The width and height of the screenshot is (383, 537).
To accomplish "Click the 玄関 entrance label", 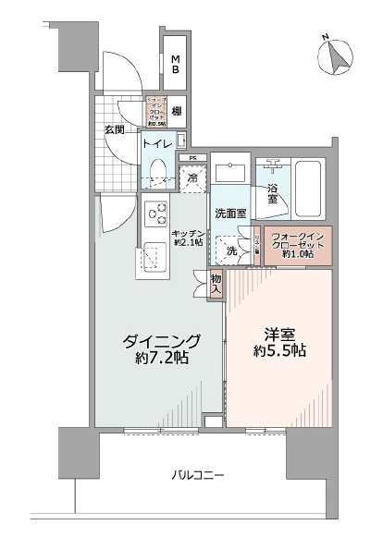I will tap(115, 129).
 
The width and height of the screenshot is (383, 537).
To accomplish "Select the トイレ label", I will tap(155, 142).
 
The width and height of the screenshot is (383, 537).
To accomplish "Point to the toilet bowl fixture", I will tap(158, 169).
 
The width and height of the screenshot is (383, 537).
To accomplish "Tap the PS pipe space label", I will tap(192, 158).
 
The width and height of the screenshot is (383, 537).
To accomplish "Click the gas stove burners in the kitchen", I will tap(154, 214).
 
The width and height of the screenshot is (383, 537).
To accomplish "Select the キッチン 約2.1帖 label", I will tap(188, 238).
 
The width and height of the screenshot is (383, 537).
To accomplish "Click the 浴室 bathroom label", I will tap(274, 191).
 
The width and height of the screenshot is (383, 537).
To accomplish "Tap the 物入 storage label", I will tap(215, 284).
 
